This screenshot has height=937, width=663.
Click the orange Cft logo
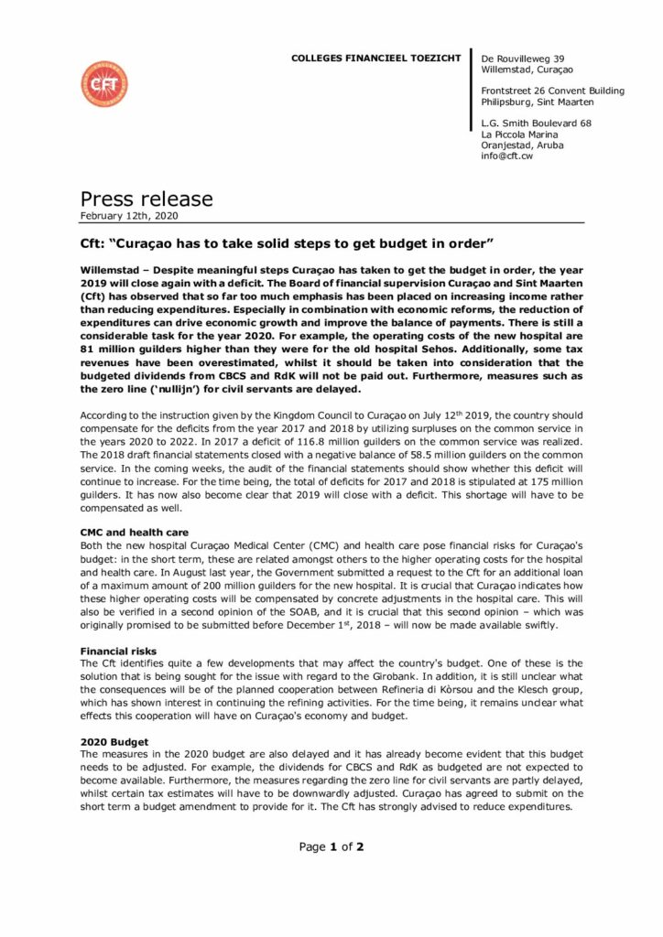point(103,84)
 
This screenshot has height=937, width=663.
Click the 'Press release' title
point(147,199)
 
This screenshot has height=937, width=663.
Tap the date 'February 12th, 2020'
point(129,216)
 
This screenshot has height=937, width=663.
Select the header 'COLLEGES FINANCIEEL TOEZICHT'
point(376,58)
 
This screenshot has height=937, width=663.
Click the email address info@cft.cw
point(507,156)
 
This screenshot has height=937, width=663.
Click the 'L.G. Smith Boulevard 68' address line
point(536,123)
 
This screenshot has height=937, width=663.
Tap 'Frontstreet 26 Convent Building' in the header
point(553,91)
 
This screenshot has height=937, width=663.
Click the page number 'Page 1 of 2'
point(331,846)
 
